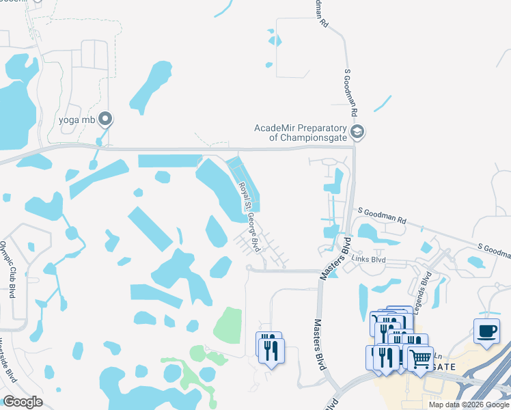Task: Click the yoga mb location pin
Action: [105, 120]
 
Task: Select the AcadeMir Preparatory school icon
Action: [356, 131]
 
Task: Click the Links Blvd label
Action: [369, 259]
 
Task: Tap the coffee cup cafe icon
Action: [486, 331]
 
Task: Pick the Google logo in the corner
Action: [23, 402]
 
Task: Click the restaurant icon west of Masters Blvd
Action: [271, 348]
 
